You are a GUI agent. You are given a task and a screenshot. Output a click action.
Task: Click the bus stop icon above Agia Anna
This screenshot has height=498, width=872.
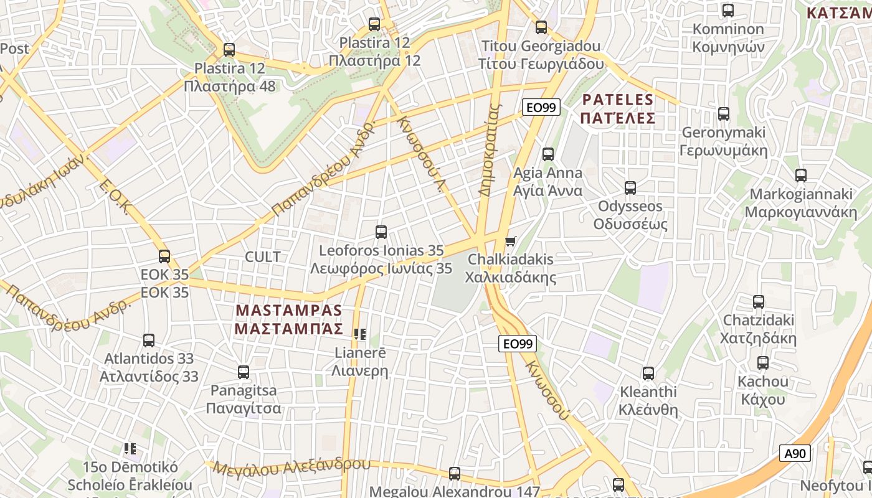click(x=548, y=154)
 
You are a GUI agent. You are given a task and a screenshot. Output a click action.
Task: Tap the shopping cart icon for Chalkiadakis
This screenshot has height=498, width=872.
click(x=511, y=241)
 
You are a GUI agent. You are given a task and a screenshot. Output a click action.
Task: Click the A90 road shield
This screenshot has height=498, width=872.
click(x=795, y=454)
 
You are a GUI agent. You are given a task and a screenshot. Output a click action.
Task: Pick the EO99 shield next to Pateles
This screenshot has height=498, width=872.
click(x=540, y=108)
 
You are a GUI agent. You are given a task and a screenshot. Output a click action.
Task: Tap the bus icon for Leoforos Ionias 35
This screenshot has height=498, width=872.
click(x=381, y=232)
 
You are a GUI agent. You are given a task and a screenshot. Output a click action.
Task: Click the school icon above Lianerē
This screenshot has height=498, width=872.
click(x=359, y=334)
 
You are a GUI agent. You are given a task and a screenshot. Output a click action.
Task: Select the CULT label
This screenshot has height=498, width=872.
click(x=262, y=256)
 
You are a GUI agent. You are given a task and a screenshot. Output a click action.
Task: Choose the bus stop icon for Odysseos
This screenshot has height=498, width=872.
click(x=630, y=188)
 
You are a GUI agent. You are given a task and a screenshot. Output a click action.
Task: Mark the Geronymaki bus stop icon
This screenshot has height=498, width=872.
click(x=724, y=114)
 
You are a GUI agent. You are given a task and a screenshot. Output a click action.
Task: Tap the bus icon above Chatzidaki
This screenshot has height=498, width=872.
click(x=759, y=302)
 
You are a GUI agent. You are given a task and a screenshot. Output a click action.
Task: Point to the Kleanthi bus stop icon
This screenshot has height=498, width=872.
click(x=648, y=374)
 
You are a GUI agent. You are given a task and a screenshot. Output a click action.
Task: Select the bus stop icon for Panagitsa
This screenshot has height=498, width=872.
click(x=244, y=372)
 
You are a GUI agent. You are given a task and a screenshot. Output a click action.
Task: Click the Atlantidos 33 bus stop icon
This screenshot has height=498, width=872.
click(x=149, y=341)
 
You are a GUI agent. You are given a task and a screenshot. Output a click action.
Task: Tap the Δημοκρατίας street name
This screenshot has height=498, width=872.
click(x=490, y=149)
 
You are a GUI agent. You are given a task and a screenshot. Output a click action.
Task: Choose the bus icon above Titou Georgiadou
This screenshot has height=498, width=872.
click(x=541, y=27)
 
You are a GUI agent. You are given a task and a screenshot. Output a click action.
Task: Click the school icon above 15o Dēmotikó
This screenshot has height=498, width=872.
click(x=130, y=448)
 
